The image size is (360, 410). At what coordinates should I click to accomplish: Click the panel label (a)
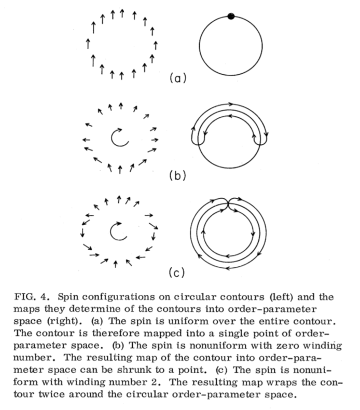176,79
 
